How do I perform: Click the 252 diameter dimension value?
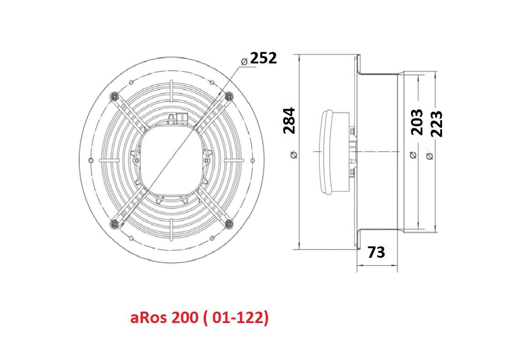point(264,58)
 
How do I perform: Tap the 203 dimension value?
point(417,122)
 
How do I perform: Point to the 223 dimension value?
point(437,124)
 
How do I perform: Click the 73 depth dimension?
point(376,252)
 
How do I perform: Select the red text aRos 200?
point(163,318)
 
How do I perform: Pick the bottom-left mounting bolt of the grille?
point(114,223)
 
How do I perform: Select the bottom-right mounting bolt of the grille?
point(229,223)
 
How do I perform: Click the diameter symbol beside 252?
point(244,61)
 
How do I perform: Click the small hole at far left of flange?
point(91,160)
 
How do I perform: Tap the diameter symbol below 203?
point(414,155)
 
